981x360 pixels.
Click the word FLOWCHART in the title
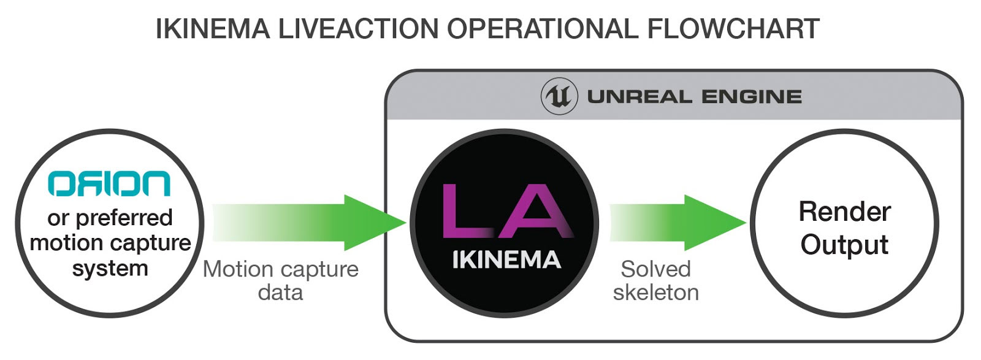[733, 29]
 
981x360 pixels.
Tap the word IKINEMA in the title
[213, 29]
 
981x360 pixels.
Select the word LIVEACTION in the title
[359, 29]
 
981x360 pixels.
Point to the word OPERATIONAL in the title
[542, 29]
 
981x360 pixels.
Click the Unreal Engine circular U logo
[559, 97]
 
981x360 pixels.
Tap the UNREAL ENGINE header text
[695, 97]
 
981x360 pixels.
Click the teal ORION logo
[109, 183]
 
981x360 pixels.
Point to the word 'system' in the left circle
[110, 268]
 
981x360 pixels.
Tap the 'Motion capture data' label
[281, 280]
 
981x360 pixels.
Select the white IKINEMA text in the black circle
[506, 260]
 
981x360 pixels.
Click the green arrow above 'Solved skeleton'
[681, 223]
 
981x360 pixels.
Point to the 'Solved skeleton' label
[655, 280]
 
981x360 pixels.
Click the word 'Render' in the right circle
[844, 212]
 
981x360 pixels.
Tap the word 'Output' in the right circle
[844, 245]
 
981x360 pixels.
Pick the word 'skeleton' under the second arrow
[655, 293]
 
